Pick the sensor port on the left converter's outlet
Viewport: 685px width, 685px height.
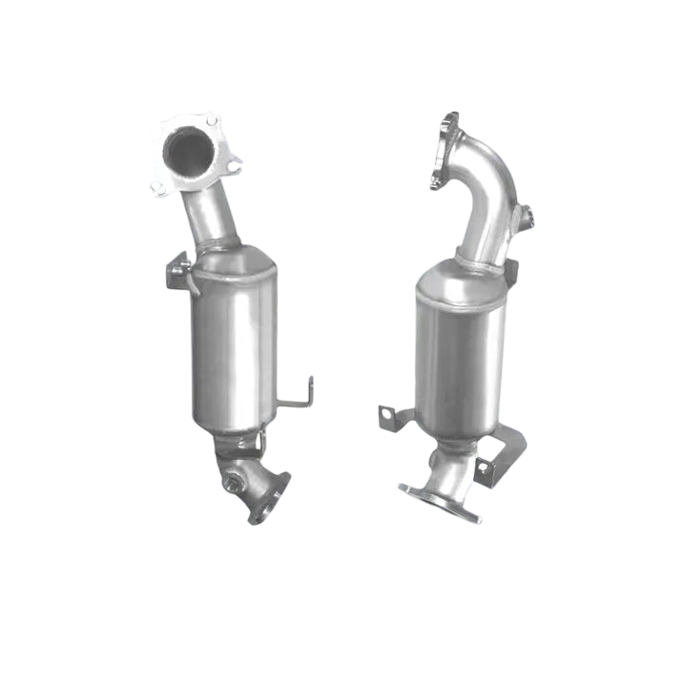(x=232, y=487)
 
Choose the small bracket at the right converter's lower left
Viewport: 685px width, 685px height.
(x=393, y=418)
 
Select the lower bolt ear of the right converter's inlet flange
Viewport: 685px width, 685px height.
(x=436, y=180)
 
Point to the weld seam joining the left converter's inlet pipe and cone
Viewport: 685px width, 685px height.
(x=221, y=247)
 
